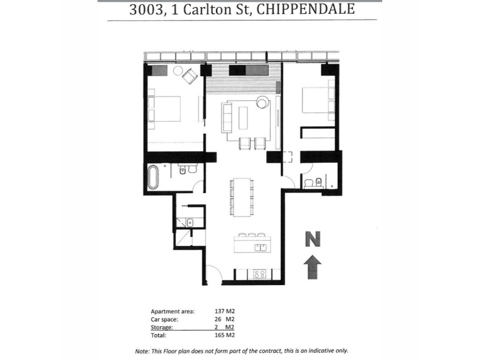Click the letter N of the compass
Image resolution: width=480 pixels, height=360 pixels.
click(312, 239)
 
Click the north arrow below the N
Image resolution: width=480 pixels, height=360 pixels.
click(312, 266)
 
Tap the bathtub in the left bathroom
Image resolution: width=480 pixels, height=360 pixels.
click(154, 178)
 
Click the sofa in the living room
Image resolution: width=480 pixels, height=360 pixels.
click(227, 117)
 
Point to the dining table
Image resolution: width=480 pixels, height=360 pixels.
click(242, 197)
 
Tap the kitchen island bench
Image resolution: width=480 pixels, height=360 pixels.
click(252, 245)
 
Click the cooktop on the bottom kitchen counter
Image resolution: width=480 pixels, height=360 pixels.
click(260, 274)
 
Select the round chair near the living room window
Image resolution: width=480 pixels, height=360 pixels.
click(263, 103)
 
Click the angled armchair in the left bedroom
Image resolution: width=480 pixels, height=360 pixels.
click(190, 76)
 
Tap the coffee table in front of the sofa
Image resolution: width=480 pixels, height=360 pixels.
click(242, 117)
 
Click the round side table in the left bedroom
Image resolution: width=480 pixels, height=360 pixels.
click(178, 71)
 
